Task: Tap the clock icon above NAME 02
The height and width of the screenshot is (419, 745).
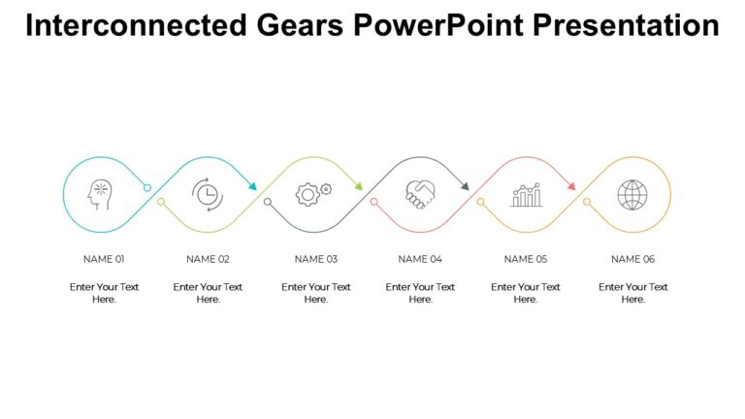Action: point(207,195)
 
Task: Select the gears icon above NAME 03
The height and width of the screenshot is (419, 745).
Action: point(312,194)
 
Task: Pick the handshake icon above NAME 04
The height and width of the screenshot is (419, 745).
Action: point(420,195)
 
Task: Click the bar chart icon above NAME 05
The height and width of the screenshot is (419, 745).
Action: point(527,196)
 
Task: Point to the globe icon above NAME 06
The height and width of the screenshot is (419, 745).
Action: point(632,195)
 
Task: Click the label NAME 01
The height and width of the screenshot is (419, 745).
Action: point(104,259)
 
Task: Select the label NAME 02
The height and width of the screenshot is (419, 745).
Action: point(208,259)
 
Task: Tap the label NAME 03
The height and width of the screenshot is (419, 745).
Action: point(316,259)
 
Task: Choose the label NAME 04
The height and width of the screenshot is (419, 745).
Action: point(420,259)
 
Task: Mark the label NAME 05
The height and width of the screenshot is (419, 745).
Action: point(526,259)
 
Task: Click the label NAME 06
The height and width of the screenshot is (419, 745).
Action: point(633,259)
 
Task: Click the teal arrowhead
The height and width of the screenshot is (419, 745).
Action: point(252,185)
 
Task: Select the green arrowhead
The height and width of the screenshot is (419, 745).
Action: point(358,185)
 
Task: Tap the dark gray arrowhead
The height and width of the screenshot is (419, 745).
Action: point(465,185)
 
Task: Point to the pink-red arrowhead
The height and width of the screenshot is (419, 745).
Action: point(571,185)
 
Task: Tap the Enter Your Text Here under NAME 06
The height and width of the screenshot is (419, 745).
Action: point(633,293)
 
